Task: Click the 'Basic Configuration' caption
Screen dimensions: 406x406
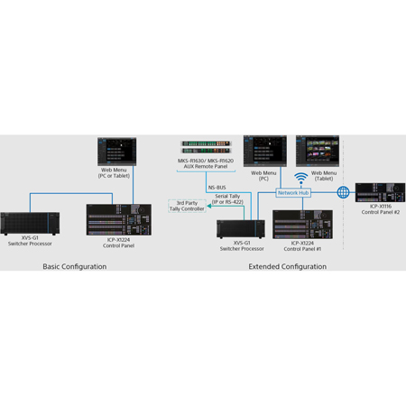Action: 75,266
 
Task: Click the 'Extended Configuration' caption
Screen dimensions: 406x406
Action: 288,266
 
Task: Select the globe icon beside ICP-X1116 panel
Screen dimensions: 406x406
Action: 343,192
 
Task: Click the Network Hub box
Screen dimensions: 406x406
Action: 293,193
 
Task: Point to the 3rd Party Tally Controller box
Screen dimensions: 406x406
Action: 187,206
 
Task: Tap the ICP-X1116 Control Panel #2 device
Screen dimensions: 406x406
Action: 380,192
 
